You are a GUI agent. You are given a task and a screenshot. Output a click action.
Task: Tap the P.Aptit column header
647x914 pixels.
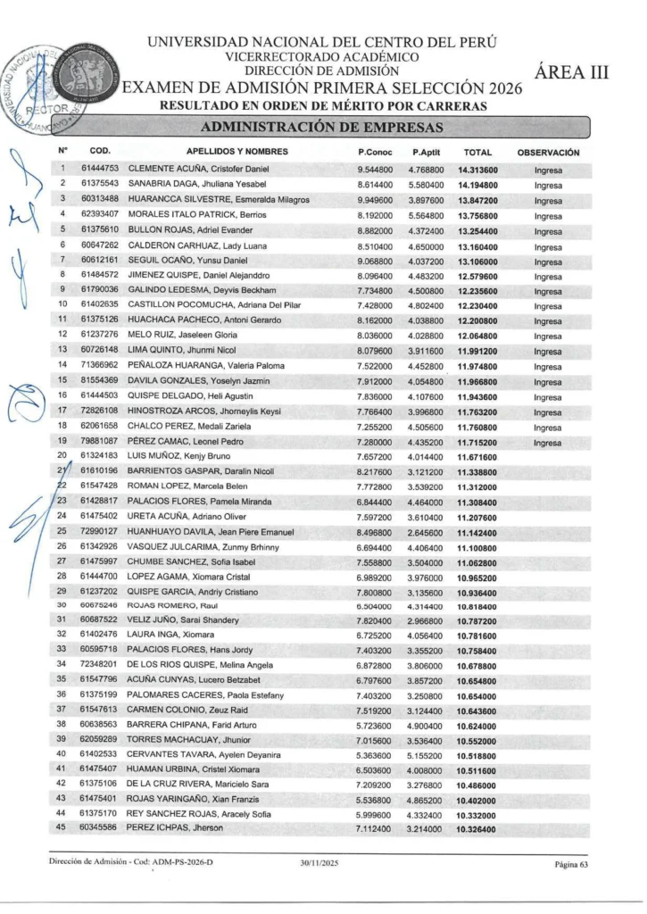point(428,153)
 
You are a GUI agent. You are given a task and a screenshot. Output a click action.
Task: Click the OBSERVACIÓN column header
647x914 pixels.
point(548,153)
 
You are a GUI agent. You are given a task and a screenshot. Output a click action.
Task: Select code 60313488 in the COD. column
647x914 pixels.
point(99,199)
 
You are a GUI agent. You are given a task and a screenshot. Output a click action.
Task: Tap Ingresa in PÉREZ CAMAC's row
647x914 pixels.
point(548,443)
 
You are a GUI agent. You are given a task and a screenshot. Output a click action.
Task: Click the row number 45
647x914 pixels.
point(62,829)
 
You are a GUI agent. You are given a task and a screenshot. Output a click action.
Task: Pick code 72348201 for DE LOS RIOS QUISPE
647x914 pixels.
point(99,664)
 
